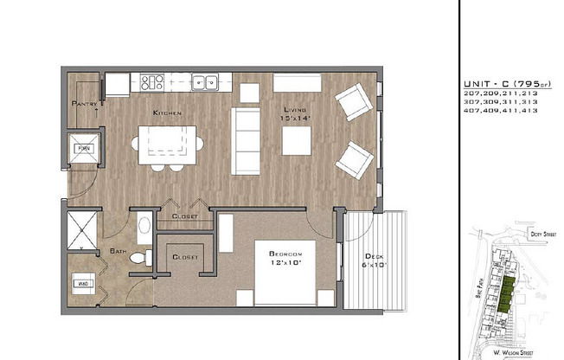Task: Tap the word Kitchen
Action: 167,113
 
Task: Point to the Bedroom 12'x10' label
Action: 285,256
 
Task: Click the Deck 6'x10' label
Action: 374,261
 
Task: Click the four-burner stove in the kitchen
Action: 152,83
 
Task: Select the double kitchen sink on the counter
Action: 205,83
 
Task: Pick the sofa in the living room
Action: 245,141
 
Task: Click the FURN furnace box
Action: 84,149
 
